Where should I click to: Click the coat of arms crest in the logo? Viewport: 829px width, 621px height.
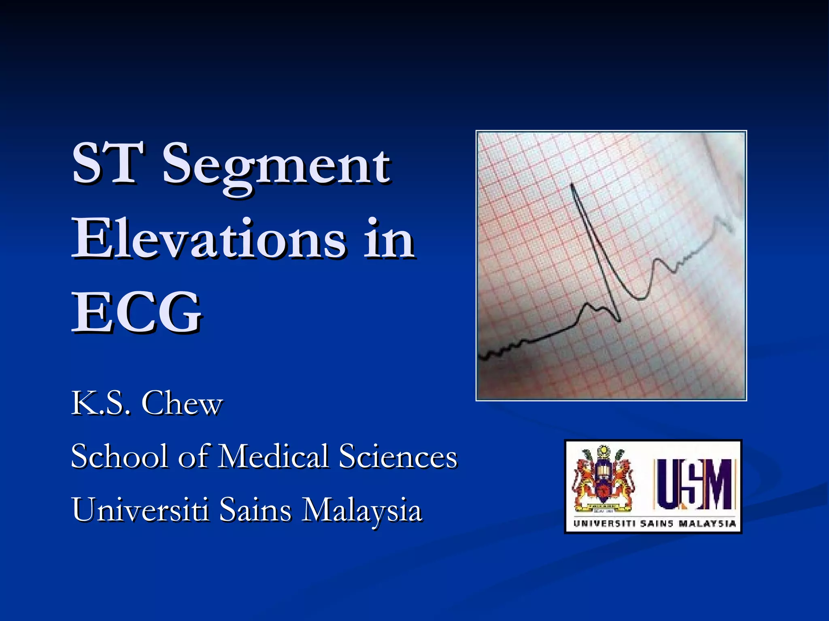603,481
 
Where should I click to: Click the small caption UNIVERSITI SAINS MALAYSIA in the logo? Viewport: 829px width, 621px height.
654,524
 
